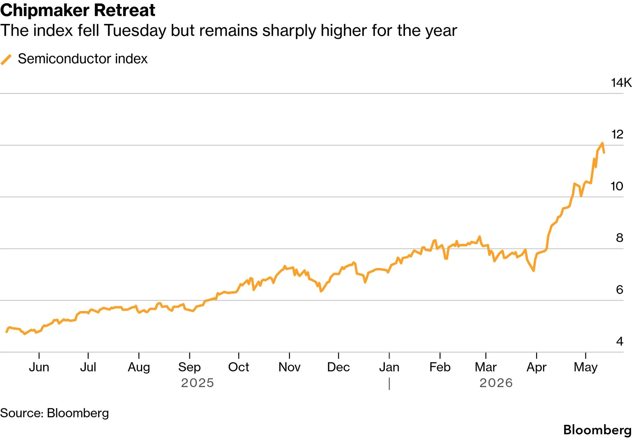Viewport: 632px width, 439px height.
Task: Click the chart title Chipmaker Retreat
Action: (78, 10)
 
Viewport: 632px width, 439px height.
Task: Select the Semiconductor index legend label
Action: (83, 59)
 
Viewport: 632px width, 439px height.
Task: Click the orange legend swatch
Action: (6, 59)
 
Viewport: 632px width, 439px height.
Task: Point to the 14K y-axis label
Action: (621, 83)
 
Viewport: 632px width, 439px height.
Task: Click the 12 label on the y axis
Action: (617, 134)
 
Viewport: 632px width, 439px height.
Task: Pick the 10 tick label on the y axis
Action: (617, 186)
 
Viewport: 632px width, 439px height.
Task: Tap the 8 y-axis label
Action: (620, 238)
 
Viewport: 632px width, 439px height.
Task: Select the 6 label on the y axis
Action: (620, 290)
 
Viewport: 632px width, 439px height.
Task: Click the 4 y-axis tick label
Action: (620, 341)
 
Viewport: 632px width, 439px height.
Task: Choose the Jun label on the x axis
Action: (39, 367)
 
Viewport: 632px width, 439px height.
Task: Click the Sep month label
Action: (189, 367)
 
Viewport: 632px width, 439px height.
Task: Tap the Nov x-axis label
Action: (289, 367)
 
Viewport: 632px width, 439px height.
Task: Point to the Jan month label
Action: (389, 367)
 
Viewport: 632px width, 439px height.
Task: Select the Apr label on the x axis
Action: (536, 367)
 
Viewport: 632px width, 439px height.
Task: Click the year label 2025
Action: (198, 383)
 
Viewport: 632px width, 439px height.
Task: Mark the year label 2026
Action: (496, 383)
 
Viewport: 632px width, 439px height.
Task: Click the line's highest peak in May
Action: (602, 143)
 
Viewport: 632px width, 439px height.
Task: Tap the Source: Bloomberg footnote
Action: (55, 413)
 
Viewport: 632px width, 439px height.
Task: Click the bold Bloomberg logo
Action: (597, 430)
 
